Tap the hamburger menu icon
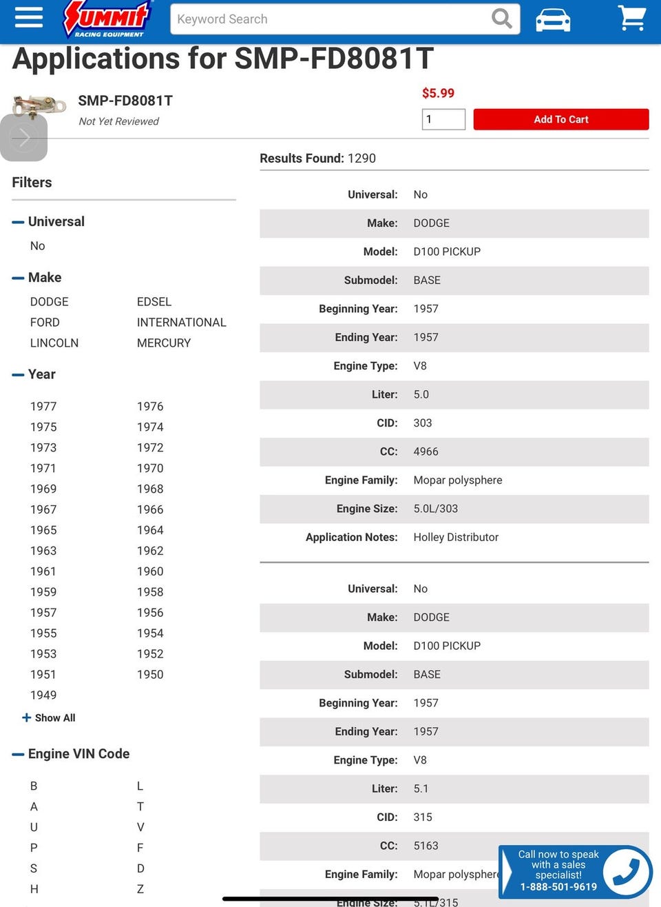pyautogui.click(x=28, y=17)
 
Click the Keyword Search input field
pyautogui.click(x=330, y=19)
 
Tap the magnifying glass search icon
pyautogui.click(x=502, y=19)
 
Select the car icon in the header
pyautogui.click(x=553, y=19)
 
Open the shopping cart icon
pyautogui.click(x=631, y=18)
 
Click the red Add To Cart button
pyautogui.click(x=560, y=119)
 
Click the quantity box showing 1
pyautogui.click(x=443, y=119)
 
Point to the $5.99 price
pyautogui.click(x=438, y=93)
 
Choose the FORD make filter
pyautogui.click(x=45, y=322)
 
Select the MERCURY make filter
pyautogui.click(x=164, y=343)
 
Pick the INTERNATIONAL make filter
pyautogui.click(x=181, y=322)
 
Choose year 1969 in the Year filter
pyautogui.click(x=43, y=489)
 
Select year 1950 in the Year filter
pyautogui.click(x=150, y=674)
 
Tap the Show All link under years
pyautogui.click(x=49, y=717)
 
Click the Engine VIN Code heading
pyautogui.click(x=78, y=753)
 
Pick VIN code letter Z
pyautogui.click(x=140, y=888)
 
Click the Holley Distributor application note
pyautogui.click(x=456, y=537)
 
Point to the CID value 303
pyautogui.click(x=423, y=422)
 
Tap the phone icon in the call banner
pyautogui.click(x=626, y=871)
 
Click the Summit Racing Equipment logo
pyautogui.click(x=107, y=19)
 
